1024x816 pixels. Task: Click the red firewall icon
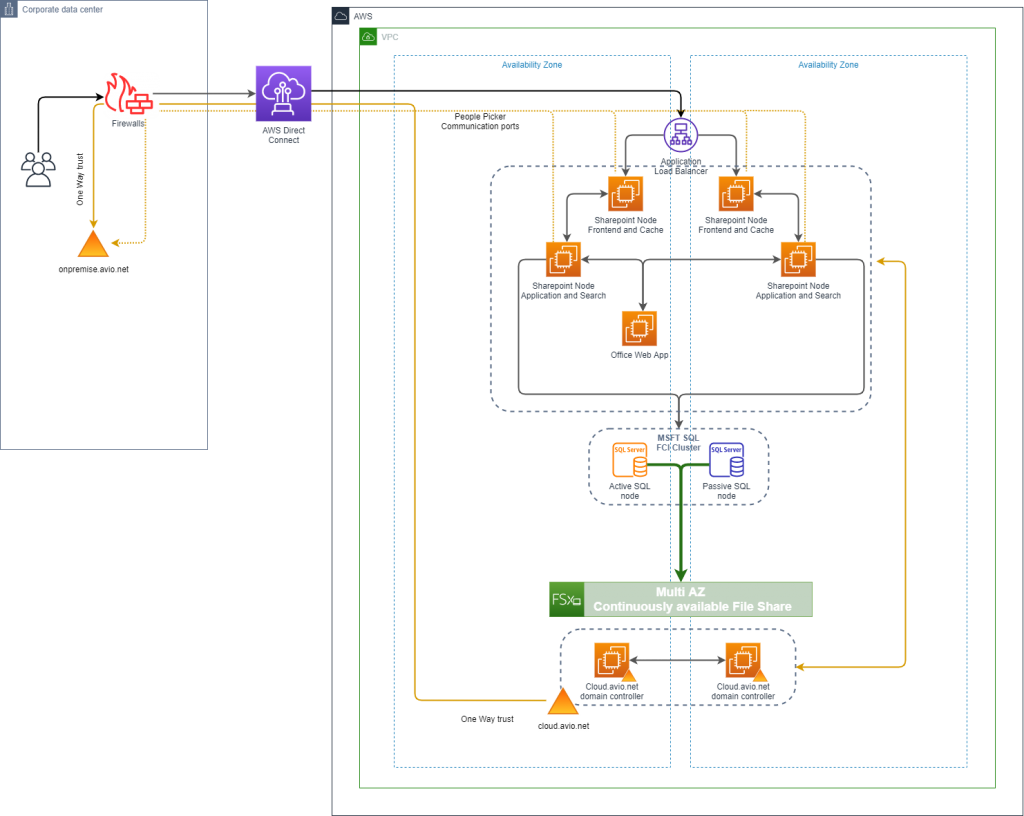131,95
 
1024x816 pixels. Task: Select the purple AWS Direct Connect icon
283,94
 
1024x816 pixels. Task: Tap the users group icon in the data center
38,169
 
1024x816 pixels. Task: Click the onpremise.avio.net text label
93,269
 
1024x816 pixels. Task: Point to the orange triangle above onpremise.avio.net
93,244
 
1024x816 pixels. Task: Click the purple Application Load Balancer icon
681,134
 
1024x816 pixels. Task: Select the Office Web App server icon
640,328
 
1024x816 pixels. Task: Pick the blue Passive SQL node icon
726,460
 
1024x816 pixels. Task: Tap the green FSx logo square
566,599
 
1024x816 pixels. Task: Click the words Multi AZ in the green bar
680,592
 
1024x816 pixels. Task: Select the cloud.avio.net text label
563,725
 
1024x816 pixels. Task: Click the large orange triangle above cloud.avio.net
562,701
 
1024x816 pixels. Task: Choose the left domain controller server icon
611,660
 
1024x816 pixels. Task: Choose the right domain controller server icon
742,660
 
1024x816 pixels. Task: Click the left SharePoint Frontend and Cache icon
626,193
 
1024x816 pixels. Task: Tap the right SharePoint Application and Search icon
798,259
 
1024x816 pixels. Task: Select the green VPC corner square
369,37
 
